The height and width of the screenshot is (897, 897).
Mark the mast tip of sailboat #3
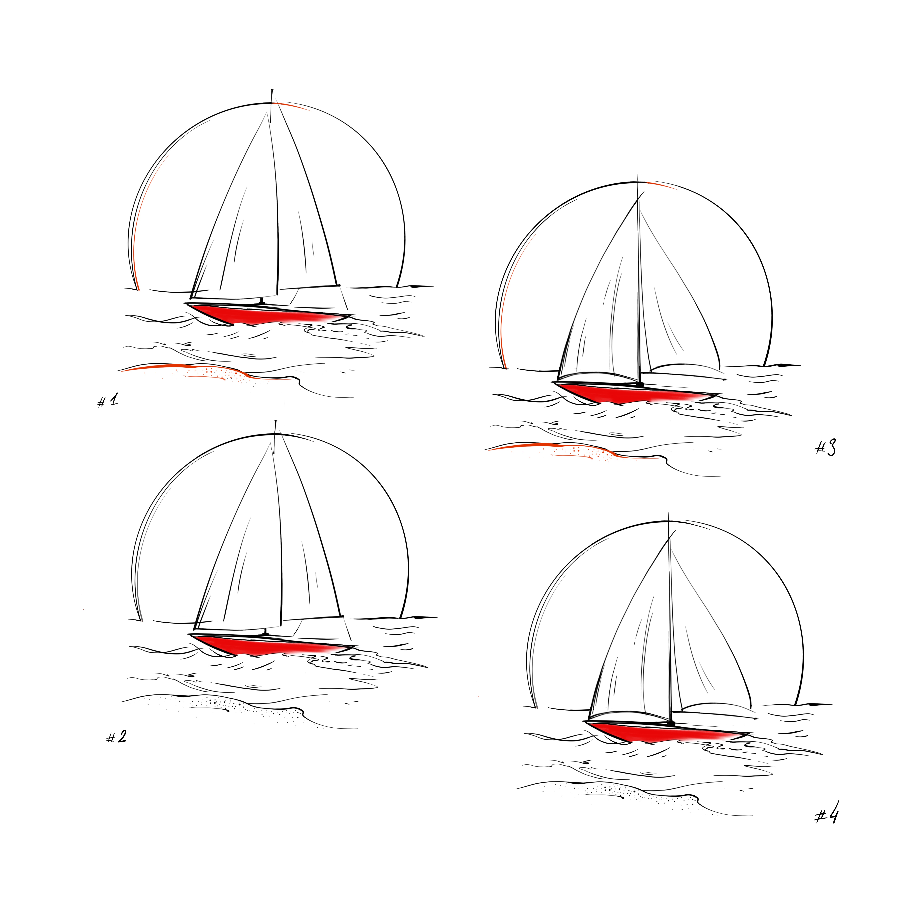[637, 175]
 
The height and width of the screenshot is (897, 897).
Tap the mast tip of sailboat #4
[668, 514]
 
